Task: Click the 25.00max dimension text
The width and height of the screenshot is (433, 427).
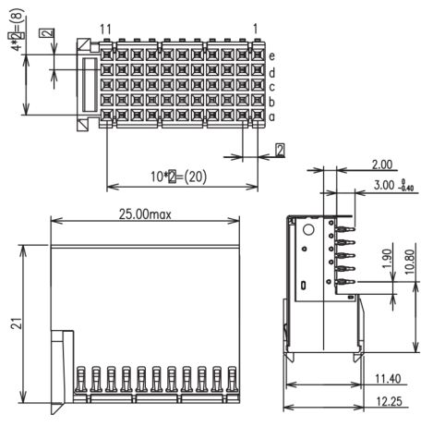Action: pos(145,214)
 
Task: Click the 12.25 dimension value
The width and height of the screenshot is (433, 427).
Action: pos(389,401)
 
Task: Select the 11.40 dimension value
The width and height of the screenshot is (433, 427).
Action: pos(388,379)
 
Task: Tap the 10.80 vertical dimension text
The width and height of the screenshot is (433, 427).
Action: pos(410,262)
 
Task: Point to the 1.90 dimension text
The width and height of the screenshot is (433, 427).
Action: pos(388,259)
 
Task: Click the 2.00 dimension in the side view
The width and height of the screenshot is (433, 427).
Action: pos(382,165)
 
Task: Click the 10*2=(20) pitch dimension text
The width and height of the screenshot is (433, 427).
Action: pos(178,177)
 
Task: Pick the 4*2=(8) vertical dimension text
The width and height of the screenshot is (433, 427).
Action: pos(17,30)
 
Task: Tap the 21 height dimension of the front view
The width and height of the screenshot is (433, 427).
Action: pos(17,323)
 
